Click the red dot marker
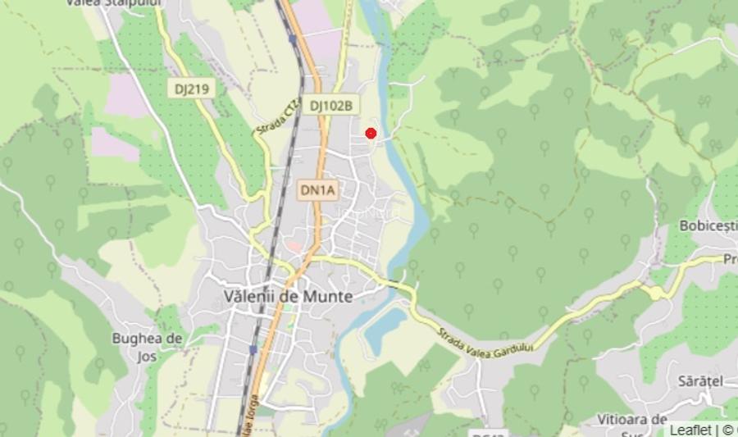pos(371,134)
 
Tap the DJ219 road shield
pos(192,89)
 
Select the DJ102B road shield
pos(331,106)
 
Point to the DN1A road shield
pos(317,191)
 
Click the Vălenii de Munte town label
pos(289,297)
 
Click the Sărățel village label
pos(700,381)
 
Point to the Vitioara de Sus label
pos(643,424)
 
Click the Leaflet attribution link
pos(690,430)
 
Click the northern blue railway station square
pos(292,39)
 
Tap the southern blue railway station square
pos(253,349)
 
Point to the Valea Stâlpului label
pos(114,3)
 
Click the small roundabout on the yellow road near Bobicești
pos(658,291)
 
